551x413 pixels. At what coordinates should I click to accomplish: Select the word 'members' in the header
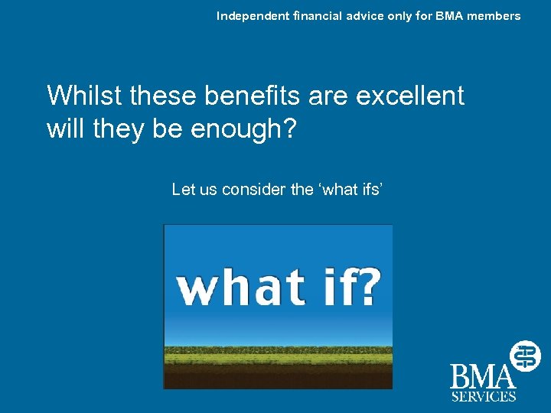click(x=495, y=16)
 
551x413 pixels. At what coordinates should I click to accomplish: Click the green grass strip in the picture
click(x=278, y=356)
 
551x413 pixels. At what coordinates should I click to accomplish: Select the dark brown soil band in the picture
click(x=278, y=376)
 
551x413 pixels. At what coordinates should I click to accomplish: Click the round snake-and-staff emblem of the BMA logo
click(x=526, y=355)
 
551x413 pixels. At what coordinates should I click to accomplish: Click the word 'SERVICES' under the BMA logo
click(x=483, y=396)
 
